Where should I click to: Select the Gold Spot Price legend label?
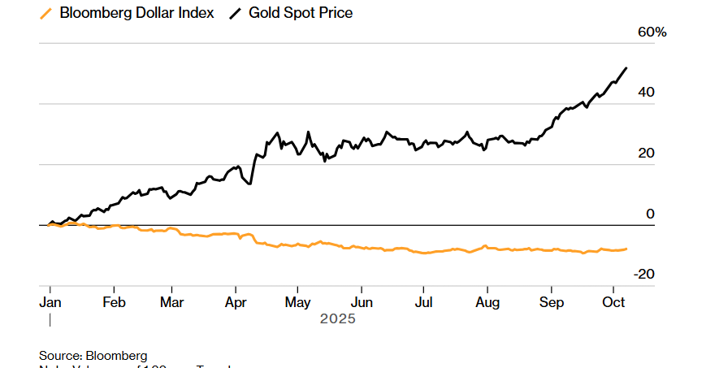pos(301,13)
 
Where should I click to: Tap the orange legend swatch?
pos(45,13)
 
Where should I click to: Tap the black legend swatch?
pos(237,13)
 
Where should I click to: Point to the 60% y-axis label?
pos(629,32)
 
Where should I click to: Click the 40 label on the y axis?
pos(623,93)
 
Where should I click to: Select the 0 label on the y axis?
pos(626,214)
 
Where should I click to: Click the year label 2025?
pos(337,319)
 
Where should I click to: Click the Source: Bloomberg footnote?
pos(93,355)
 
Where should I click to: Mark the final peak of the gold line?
pos(626,68)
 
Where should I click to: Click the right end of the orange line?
pos(626,249)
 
